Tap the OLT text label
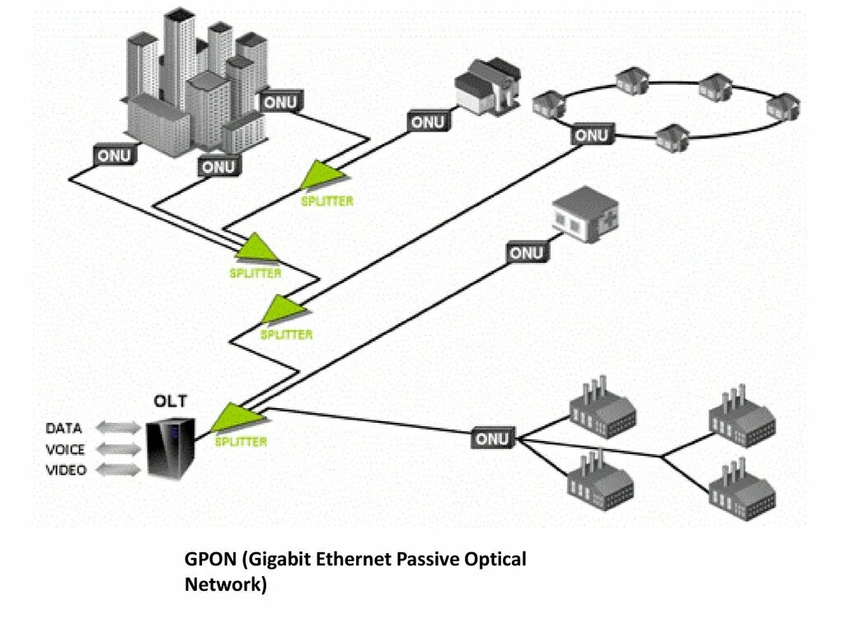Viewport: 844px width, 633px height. [171, 402]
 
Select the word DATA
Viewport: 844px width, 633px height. [63, 429]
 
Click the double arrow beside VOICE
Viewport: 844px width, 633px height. [119, 449]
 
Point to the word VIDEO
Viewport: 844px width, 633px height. [64, 471]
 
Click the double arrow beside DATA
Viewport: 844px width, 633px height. [119, 428]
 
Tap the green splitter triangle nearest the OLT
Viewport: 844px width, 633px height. [226, 418]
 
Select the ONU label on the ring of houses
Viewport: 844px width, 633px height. [592, 135]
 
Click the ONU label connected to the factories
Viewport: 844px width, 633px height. [493, 438]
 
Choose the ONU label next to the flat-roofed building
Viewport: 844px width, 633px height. [526, 253]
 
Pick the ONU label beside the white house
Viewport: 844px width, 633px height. [428, 122]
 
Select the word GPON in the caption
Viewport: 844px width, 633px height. [210, 560]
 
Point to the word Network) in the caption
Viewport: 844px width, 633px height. [226, 585]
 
